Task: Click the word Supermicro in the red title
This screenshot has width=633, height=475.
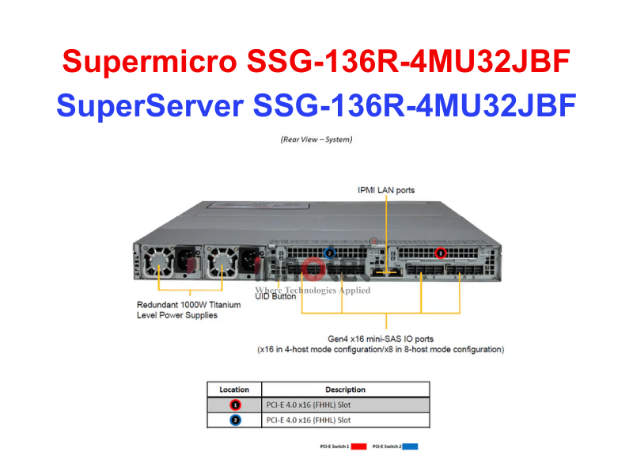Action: tap(150, 60)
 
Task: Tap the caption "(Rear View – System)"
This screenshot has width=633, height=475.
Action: tap(316, 139)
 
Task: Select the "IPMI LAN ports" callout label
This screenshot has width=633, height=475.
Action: tap(385, 190)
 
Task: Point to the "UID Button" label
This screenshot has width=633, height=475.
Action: tap(275, 297)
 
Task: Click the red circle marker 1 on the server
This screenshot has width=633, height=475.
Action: tap(442, 253)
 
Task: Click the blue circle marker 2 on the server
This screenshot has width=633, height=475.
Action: tap(330, 253)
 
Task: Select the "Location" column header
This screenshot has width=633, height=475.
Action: tap(234, 389)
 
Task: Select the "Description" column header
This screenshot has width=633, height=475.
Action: tap(345, 389)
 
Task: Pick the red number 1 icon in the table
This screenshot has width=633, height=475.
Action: tap(234, 405)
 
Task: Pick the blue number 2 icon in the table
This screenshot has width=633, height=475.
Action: tap(234, 420)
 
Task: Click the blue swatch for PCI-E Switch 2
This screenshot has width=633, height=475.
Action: tap(410, 446)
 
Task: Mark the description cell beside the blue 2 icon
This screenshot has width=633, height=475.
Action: tap(345, 420)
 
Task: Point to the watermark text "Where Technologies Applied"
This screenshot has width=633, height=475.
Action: tap(313, 290)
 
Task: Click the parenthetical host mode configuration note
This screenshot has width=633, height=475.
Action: tap(381, 349)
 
